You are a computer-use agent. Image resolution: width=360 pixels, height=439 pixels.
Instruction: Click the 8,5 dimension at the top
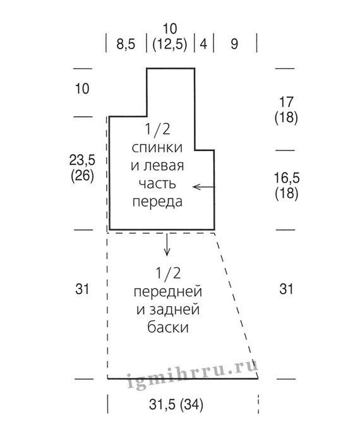point(126,44)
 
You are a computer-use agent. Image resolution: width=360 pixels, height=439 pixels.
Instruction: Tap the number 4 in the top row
point(203,44)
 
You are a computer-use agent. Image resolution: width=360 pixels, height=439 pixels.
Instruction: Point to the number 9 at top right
point(234,44)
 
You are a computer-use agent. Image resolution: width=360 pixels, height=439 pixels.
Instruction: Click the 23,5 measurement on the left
point(82,160)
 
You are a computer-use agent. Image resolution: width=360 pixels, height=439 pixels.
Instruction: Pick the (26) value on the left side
point(82,176)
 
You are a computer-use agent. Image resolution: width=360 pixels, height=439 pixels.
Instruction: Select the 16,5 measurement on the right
point(287,178)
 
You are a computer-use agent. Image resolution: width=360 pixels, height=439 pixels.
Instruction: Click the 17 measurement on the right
point(286,102)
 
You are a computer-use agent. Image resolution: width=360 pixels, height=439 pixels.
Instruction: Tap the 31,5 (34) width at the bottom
point(176,404)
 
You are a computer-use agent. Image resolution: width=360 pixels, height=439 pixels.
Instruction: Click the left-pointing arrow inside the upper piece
point(204,187)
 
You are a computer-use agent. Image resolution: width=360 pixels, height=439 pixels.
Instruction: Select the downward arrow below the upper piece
point(167,244)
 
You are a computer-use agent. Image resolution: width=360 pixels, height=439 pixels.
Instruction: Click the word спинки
point(157,148)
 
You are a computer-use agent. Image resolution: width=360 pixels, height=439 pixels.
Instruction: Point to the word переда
point(157,202)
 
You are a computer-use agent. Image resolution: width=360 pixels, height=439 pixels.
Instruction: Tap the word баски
point(168,327)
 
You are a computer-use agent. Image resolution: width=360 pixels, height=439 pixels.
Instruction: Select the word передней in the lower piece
point(167,292)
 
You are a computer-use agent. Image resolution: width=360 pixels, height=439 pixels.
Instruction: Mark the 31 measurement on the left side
point(82,289)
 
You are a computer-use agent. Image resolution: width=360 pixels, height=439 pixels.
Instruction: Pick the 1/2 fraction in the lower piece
point(168,274)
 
